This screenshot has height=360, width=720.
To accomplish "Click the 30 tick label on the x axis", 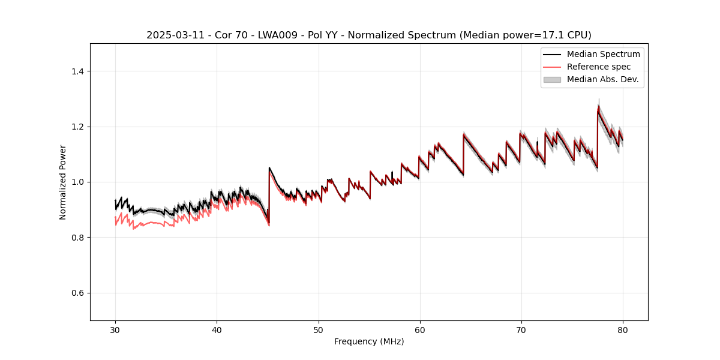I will [x=115, y=330].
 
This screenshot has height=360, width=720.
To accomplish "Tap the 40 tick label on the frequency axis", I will [x=217, y=330].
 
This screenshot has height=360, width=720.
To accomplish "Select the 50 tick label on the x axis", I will [x=319, y=330].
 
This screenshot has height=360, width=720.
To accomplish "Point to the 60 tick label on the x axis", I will [x=420, y=330].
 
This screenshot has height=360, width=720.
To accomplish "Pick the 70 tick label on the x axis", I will [x=521, y=330].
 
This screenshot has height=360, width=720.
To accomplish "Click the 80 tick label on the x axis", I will [x=623, y=330].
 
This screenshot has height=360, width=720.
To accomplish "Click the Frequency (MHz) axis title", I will [x=369, y=341].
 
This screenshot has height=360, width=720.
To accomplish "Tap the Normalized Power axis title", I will [x=63, y=182].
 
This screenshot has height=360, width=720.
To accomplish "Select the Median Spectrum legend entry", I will [x=603, y=54].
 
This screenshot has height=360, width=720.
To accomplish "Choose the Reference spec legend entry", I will [x=599, y=67].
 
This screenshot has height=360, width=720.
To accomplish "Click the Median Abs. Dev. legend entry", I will [x=602, y=79].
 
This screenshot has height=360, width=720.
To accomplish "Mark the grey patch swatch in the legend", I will [x=552, y=79].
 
